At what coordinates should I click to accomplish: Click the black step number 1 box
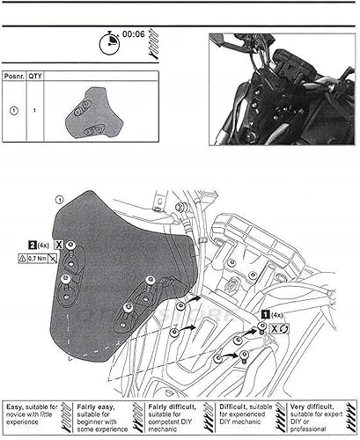pyautogui.click(x=265, y=313)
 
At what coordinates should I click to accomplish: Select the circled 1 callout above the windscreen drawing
pyautogui.click(x=59, y=201)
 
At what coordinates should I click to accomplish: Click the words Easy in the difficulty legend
pyautogui.click(x=17, y=408)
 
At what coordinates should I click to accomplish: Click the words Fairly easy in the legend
pyautogui.click(x=94, y=408)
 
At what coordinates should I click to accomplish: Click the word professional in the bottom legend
pyautogui.click(x=312, y=429)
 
